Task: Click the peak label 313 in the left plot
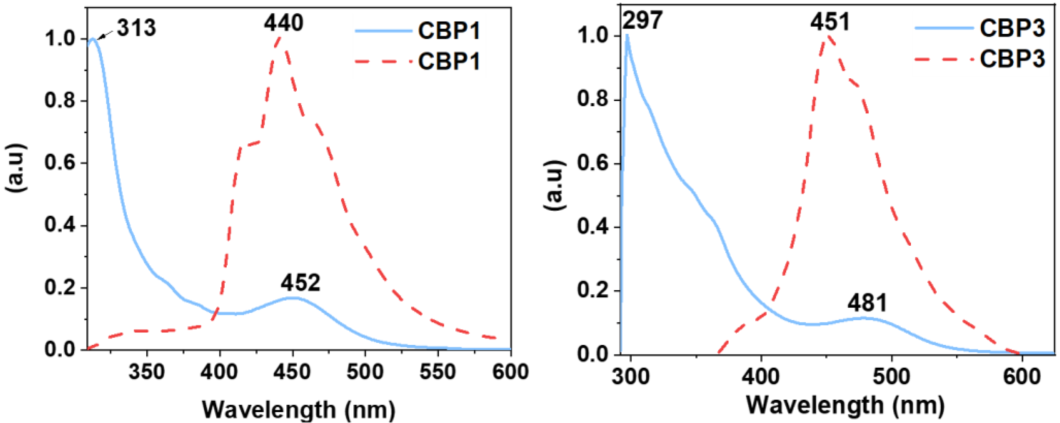click(x=136, y=28)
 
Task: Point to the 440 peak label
click(x=284, y=23)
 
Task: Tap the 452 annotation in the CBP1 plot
click(x=300, y=283)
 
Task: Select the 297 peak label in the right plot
click(x=642, y=20)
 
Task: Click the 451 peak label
click(x=830, y=22)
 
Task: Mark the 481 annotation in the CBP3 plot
click(x=867, y=303)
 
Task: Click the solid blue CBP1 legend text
click(x=449, y=31)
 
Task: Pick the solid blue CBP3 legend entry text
click(x=1012, y=29)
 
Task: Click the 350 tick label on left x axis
click(x=147, y=372)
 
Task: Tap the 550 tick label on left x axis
click(x=437, y=372)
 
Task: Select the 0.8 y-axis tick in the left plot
click(x=60, y=101)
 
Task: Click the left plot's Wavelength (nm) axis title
click(x=298, y=409)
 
